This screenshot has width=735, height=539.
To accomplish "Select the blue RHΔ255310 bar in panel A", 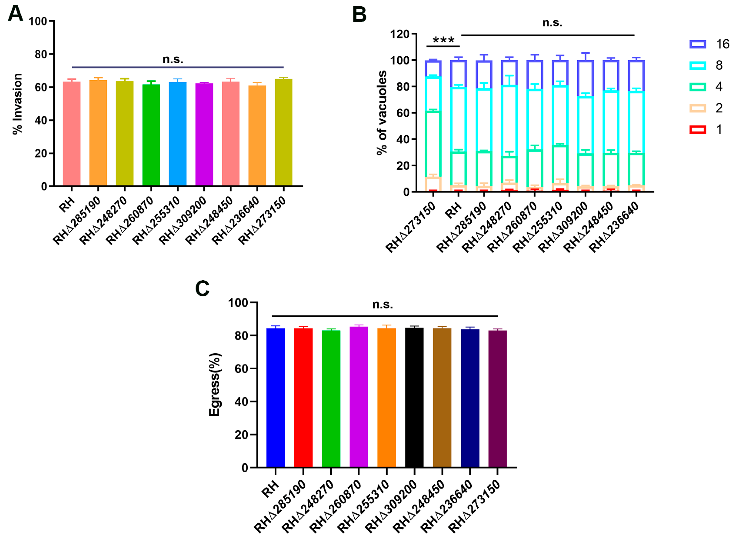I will (x=177, y=134).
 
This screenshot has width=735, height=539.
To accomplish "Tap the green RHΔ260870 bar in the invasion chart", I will (x=151, y=135).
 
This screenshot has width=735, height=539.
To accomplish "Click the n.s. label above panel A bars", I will (x=173, y=59).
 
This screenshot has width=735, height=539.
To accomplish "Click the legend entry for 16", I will (x=710, y=44).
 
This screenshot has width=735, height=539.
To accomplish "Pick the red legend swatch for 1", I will (x=698, y=129).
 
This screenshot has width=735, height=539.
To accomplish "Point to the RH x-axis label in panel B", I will (x=453, y=211).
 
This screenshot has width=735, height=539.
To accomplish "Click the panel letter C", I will (x=202, y=289).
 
